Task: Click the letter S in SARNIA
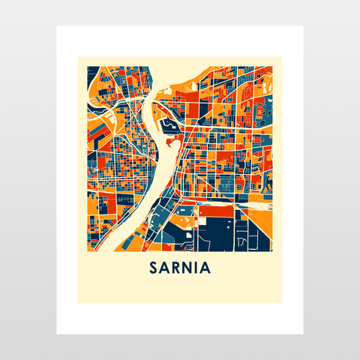click(x=154, y=268)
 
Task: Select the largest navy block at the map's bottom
click(x=217, y=232)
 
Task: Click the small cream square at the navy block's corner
click(x=200, y=221)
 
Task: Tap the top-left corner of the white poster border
click(x=57, y=26)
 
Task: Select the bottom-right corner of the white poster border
click(x=303, y=334)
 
